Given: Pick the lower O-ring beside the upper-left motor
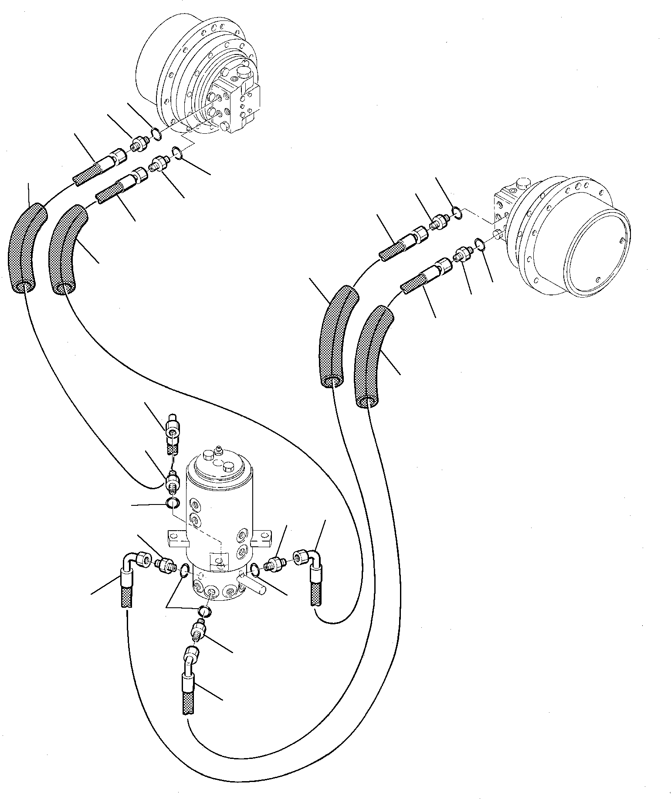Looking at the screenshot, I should click(177, 152).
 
